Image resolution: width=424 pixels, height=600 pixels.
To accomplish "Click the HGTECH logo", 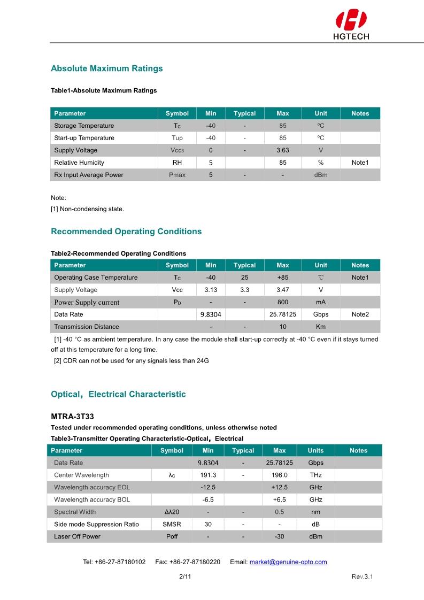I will [351, 25].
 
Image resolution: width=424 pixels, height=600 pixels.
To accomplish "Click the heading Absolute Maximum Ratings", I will [106, 68].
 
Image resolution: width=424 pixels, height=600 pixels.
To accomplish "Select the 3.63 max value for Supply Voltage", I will [282, 150].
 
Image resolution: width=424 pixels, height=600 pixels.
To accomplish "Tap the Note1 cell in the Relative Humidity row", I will [360, 163].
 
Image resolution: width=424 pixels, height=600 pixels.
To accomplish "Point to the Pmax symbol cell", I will [177, 175].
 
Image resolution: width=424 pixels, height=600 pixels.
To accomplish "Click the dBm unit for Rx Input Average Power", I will [321, 175].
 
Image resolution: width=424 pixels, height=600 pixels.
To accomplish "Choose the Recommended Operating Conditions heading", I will [126, 232].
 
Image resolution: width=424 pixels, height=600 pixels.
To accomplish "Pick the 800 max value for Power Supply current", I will [282, 302].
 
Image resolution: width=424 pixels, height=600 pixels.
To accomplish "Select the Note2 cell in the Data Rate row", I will [360, 314].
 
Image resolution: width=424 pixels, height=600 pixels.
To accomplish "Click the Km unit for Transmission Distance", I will [321, 327].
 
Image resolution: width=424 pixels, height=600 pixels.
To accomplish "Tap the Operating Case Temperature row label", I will [96, 278].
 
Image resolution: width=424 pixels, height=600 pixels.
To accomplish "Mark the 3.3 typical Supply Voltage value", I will [244, 290].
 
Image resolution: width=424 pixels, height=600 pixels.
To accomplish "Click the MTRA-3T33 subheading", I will [73, 416].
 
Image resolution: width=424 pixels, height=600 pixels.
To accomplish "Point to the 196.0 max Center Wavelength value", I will [279, 475].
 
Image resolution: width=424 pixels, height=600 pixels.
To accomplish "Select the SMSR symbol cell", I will [172, 524].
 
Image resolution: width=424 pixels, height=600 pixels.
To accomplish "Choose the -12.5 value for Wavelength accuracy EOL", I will [208, 487].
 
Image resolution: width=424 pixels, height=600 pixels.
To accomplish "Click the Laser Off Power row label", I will [77, 536].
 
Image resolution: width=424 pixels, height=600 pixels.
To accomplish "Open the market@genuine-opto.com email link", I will [288, 562].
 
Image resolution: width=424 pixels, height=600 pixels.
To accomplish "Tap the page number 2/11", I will [185, 576].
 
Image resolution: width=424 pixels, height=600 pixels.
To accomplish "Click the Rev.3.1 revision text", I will [362, 576].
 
